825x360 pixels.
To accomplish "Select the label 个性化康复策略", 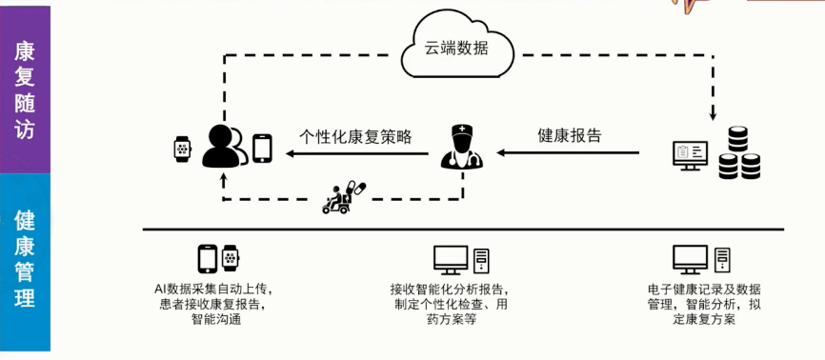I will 355,136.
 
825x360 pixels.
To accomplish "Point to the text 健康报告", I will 570,135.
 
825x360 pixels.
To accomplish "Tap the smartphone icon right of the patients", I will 262,148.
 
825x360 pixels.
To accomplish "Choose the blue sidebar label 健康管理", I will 25,259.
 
